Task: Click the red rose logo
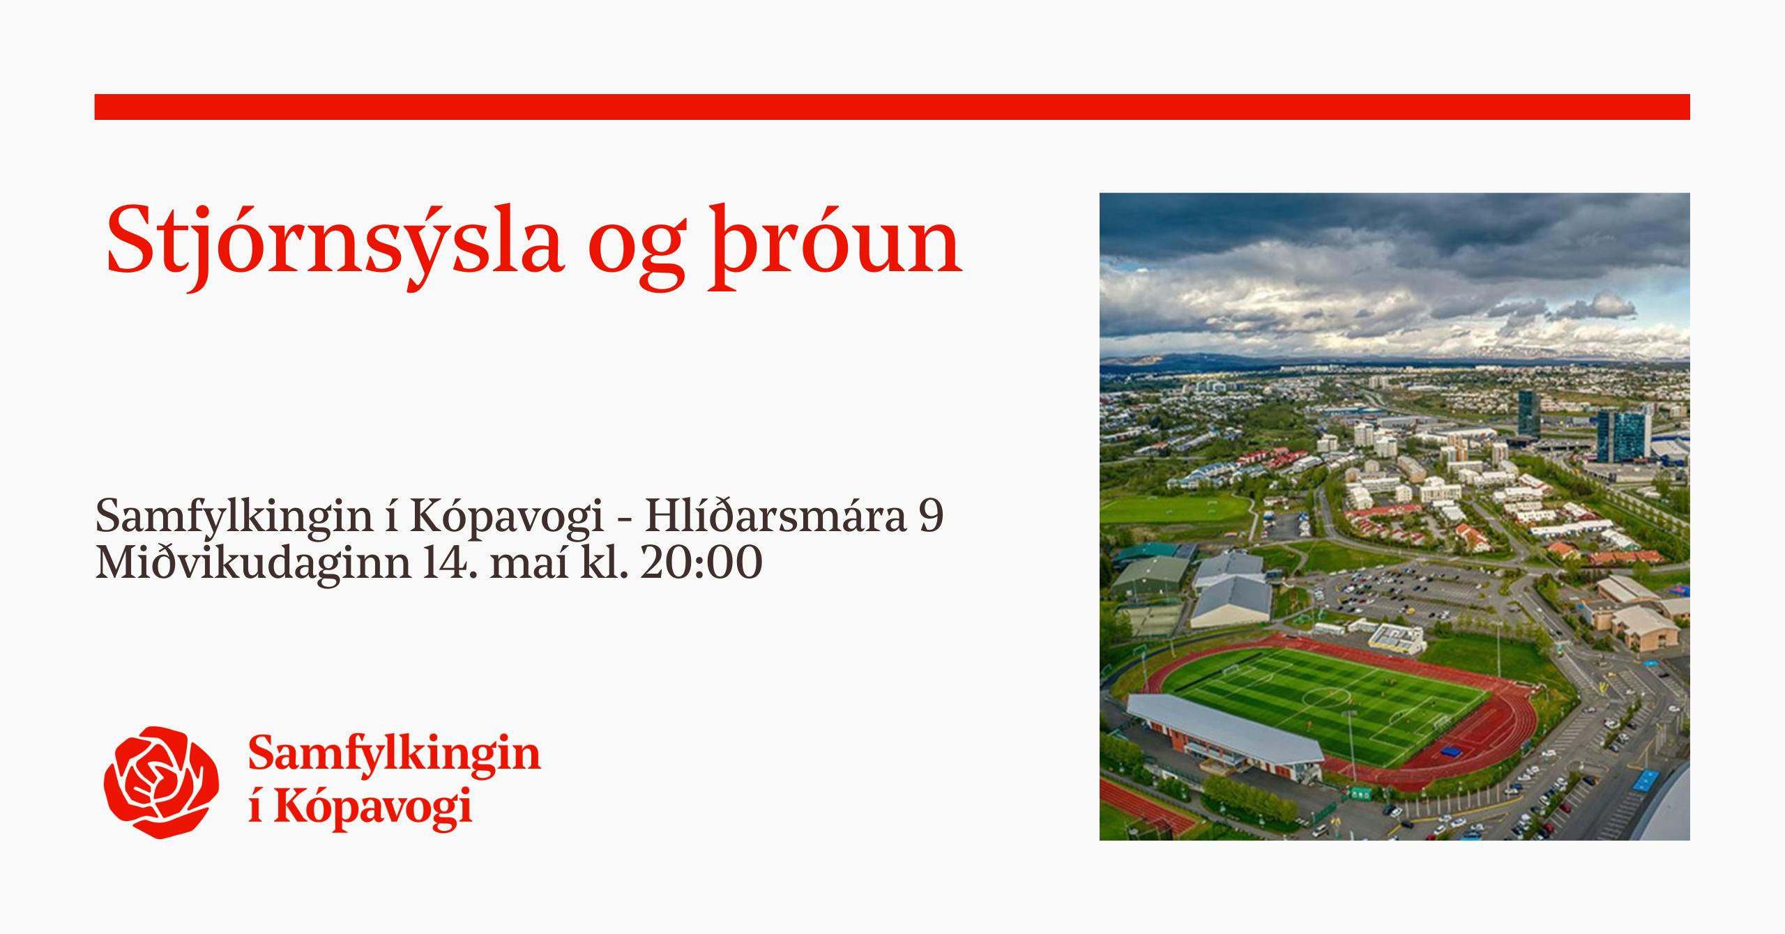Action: tap(161, 782)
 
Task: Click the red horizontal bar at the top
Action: tap(892, 107)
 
